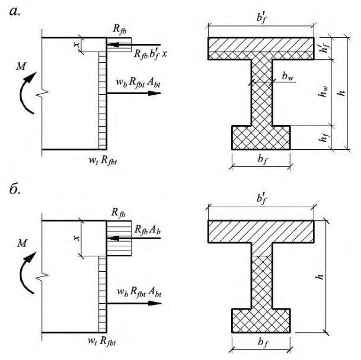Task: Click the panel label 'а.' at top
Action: pos(15,11)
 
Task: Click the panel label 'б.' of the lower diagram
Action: pos(15,189)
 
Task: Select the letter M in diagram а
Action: pos(21,66)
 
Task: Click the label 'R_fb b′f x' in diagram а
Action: pos(151,54)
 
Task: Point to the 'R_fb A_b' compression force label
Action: pos(148,230)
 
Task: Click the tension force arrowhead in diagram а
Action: pos(155,93)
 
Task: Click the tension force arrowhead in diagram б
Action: pos(155,303)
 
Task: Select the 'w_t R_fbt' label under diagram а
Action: pos(103,160)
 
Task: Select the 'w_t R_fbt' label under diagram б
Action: pos(102,341)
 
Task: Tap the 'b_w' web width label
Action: pos(287,76)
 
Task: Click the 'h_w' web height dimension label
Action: pos(323,91)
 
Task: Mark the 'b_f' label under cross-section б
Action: pos(263,342)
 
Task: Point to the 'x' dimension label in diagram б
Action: pos(76,237)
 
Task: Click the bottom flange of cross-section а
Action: pos(261,137)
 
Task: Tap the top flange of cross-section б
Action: pos(261,232)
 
